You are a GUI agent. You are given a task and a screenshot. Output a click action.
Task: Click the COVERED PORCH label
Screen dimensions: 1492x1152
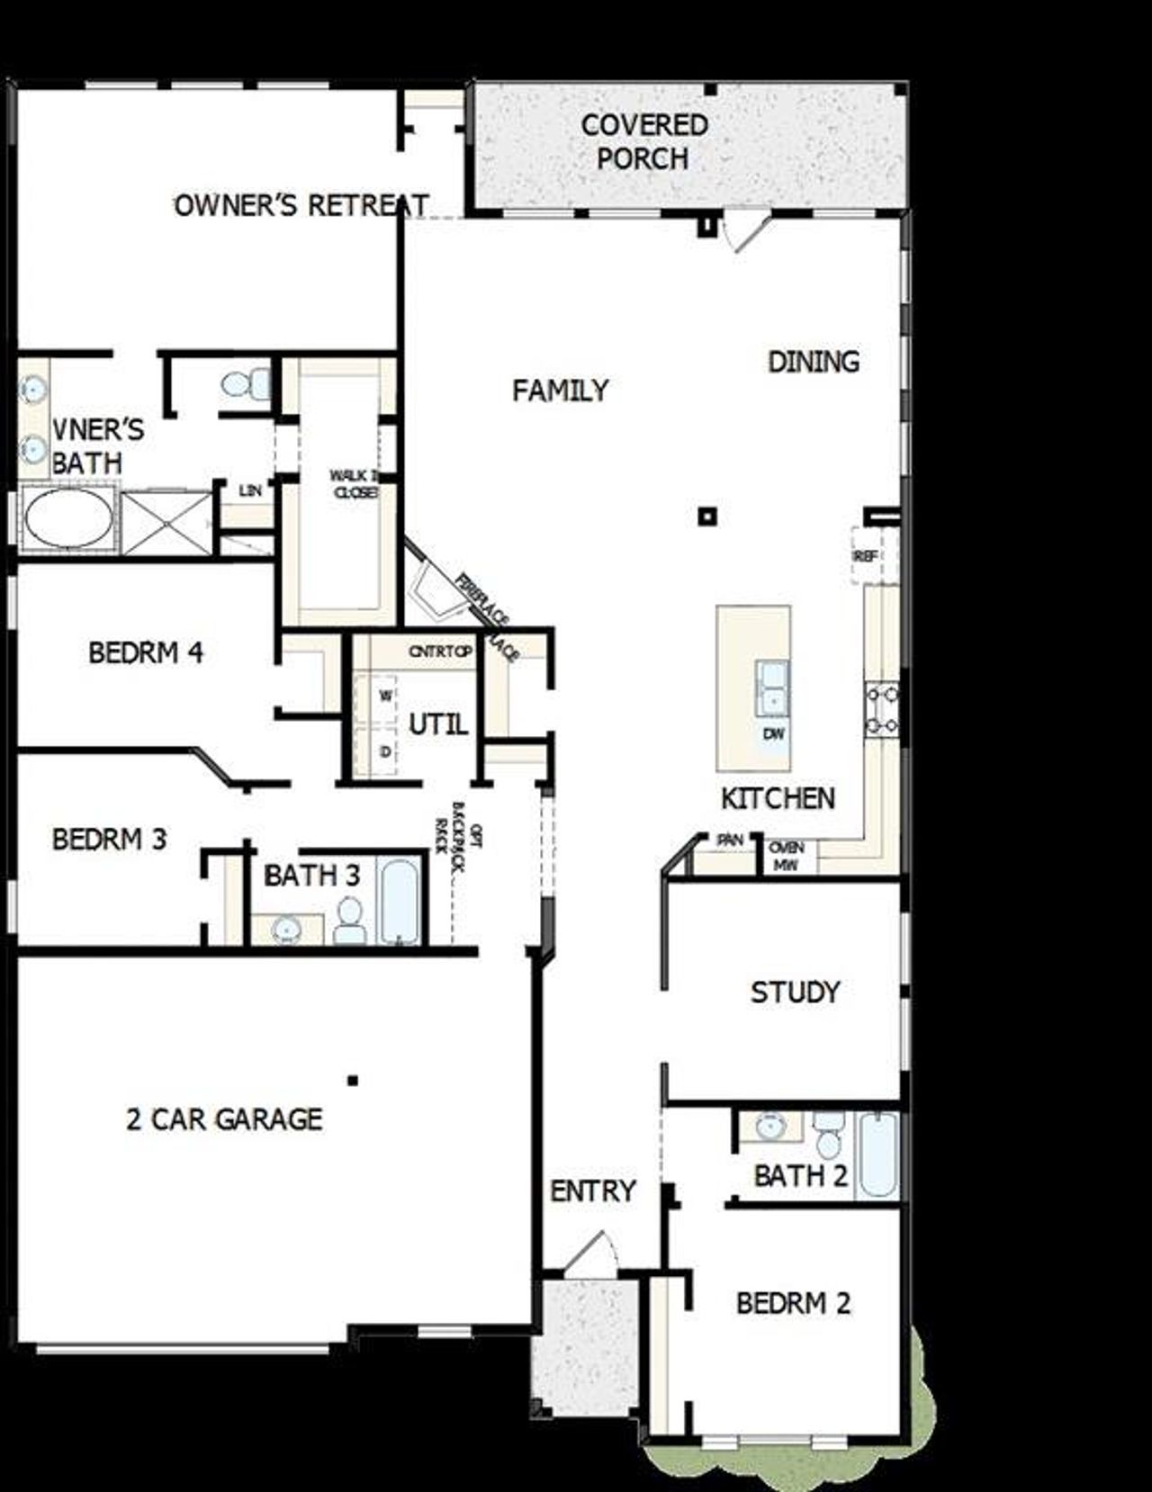coord(643,141)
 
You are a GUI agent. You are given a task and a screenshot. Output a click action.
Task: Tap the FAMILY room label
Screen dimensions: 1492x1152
coord(560,391)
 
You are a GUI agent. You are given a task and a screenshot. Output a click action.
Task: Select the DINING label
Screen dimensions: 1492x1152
coord(813,362)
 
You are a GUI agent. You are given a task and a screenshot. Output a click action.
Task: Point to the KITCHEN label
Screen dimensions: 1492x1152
coord(778,798)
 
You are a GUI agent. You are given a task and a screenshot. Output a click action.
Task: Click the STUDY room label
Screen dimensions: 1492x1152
coord(795,992)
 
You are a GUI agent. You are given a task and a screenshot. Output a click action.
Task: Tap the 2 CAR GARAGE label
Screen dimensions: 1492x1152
coord(224,1119)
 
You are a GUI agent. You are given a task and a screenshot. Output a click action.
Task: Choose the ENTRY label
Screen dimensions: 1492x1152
coord(593,1191)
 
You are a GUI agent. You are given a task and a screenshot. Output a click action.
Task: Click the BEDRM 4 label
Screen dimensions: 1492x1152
coord(146,652)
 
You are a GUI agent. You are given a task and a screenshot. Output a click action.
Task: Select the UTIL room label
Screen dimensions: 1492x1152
coord(438,724)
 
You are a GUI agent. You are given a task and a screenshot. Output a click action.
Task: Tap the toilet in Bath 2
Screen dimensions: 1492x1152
coord(828,1136)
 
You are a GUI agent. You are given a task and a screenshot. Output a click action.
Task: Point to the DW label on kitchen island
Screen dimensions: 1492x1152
coord(774,733)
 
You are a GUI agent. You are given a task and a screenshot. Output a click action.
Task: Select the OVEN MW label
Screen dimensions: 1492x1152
coord(786,856)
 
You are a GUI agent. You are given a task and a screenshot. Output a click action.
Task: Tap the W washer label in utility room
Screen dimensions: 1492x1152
coord(385,696)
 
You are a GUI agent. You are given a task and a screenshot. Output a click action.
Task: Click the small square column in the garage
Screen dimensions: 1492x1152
coord(354,1080)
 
